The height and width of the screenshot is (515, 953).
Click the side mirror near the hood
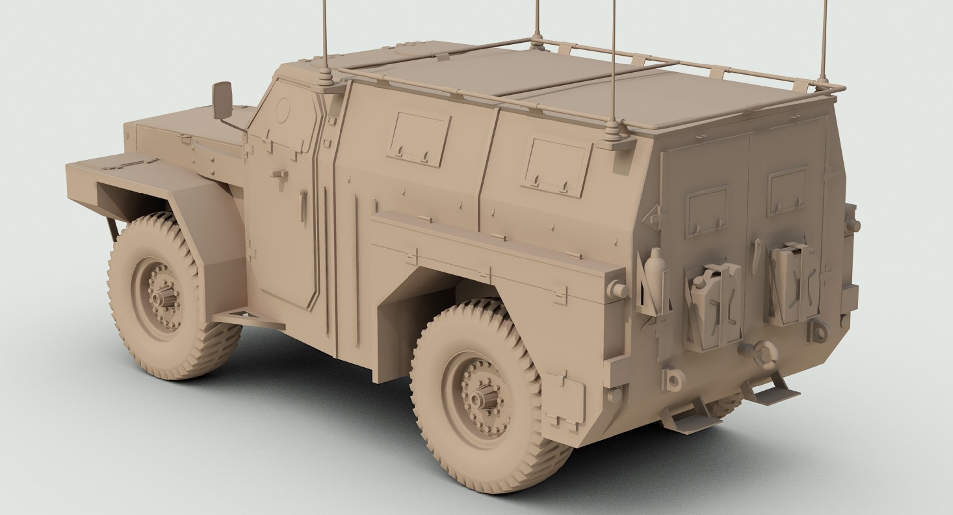(x=222, y=97)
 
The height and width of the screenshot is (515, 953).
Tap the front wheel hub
(x=160, y=298)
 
